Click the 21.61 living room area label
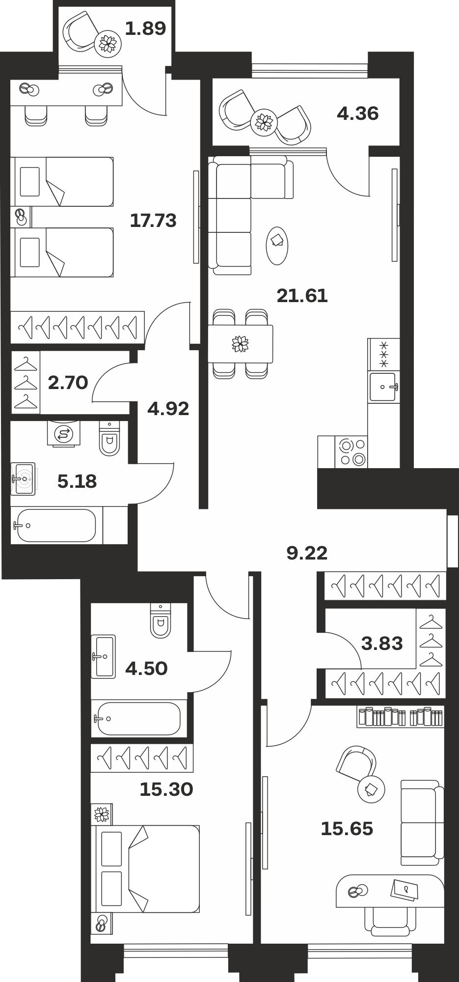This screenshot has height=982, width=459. coord(302,296)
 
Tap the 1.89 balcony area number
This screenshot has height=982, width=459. coord(145,28)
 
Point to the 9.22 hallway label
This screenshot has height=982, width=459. coord(307,553)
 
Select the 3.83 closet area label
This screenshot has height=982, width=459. coord(382,643)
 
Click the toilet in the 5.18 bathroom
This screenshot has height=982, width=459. coord(109,438)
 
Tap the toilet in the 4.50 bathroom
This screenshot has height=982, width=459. coord(161,620)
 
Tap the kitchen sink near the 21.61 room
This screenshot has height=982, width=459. coord(383,387)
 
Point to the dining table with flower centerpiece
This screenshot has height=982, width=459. coord(240,343)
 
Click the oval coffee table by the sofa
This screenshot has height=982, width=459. coord(277,245)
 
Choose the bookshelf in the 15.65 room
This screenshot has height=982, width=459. coord(401,717)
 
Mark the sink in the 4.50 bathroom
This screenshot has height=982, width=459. coord(103,656)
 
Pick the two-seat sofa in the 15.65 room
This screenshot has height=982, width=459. coord(422,822)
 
